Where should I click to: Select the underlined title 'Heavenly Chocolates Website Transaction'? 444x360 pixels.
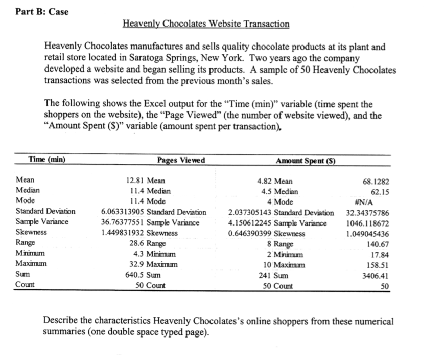pos(206,24)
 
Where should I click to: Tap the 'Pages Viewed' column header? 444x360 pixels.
pos(181,160)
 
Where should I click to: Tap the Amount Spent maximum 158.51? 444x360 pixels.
pos(378,265)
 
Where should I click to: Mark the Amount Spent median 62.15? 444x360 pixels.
pos(379,191)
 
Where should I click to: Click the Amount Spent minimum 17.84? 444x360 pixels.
pos(379,254)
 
